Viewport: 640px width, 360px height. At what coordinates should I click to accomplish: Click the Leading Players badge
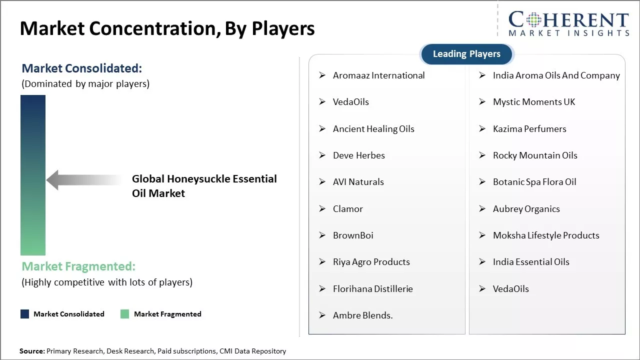(x=466, y=54)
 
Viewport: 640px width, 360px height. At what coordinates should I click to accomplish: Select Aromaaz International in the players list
(x=378, y=75)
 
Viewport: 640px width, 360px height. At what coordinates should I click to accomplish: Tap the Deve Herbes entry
(x=359, y=155)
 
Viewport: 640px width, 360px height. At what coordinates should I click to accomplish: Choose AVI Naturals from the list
(x=358, y=182)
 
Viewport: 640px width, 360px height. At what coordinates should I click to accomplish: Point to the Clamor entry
(x=347, y=209)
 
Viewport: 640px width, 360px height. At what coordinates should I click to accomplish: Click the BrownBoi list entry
(x=353, y=235)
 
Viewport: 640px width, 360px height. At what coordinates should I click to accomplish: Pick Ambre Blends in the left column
(x=363, y=315)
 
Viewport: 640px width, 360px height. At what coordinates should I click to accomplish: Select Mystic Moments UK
(x=534, y=102)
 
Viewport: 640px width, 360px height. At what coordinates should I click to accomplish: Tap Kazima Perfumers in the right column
(x=529, y=129)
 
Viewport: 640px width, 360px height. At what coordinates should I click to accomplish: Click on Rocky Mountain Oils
(x=535, y=155)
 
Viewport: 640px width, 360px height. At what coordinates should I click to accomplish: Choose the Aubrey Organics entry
(x=526, y=209)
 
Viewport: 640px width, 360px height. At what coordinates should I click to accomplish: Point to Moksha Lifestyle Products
(x=546, y=235)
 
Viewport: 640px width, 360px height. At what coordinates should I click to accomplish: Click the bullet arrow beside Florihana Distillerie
(x=322, y=289)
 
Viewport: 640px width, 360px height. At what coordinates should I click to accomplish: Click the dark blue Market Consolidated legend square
(x=25, y=314)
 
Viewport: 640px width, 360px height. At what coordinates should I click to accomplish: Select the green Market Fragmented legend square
(x=124, y=314)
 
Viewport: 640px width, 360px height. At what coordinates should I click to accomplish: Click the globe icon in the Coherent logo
(x=533, y=20)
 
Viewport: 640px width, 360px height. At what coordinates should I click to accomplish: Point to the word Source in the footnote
(x=32, y=351)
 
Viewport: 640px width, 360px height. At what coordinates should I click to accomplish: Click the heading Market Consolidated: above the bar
(x=81, y=68)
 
